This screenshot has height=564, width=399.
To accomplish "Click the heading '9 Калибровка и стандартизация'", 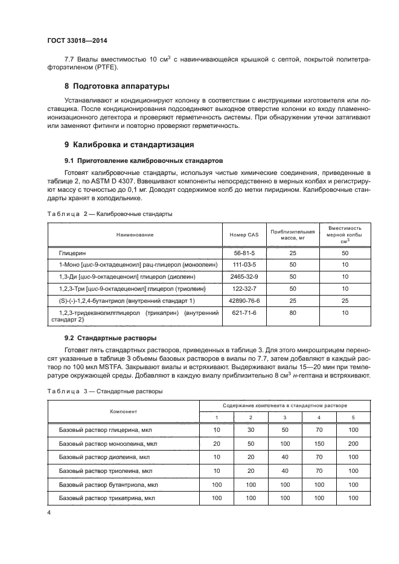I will coord(129,145).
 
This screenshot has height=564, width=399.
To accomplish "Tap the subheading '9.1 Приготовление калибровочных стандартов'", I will coord(144,161).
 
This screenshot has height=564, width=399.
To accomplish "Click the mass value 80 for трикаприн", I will coord(293,312).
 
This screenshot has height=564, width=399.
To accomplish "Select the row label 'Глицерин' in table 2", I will coord(71,253).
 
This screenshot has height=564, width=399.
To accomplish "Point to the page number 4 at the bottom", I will coord(49,512).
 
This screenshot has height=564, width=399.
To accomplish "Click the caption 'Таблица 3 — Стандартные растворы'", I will coord(104,391).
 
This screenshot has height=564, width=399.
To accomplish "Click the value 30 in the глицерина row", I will coord(251,429).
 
